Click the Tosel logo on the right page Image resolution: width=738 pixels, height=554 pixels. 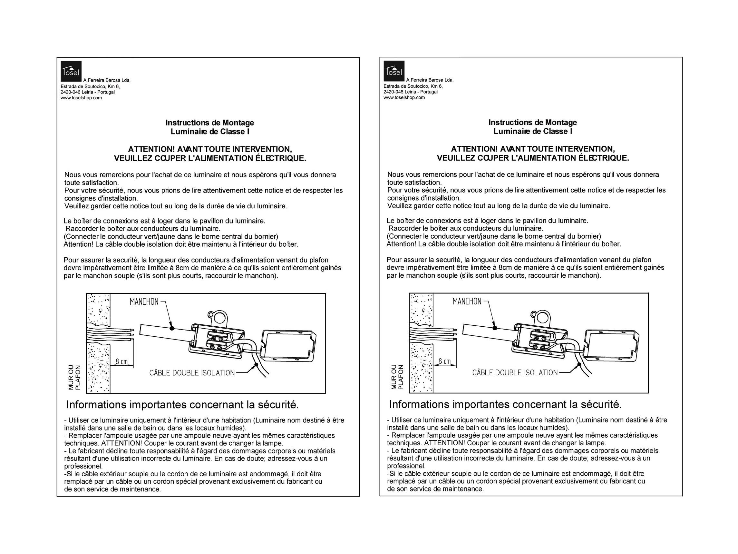coord(394,71)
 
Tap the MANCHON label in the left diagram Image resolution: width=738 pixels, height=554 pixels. coord(144,302)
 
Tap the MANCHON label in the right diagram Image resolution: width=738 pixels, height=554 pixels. coord(467,302)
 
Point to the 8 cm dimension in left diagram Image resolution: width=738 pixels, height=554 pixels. coord(122,362)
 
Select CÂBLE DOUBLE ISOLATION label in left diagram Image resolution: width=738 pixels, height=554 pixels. coord(192,373)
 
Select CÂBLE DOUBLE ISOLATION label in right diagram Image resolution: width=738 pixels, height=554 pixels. coord(515,373)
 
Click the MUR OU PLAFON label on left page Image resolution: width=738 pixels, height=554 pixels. coord(74,377)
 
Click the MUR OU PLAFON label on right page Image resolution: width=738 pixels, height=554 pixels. coord(397,377)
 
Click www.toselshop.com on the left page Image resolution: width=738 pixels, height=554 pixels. coord(81,98)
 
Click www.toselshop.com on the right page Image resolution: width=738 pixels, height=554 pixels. coord(404,97)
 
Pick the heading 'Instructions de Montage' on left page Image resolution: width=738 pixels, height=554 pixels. coord(210,123)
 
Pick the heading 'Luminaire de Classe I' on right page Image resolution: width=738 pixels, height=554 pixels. coord(533,131)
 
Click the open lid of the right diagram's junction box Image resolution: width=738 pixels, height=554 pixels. coord(613,346)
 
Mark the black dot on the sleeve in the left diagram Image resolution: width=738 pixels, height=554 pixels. coord(172,329)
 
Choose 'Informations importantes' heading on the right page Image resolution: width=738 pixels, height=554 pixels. coord(455,404)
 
